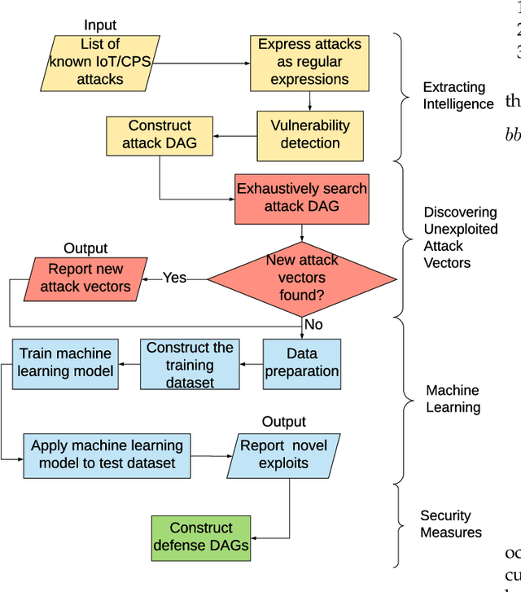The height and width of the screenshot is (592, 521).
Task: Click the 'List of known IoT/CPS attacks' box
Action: [x=99, y=62]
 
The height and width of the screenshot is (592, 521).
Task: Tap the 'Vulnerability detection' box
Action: [x=310, y=135]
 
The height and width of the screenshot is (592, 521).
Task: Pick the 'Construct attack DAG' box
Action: [x=160, y=135]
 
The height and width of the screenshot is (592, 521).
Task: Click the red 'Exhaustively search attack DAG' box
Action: [x=302, y=197]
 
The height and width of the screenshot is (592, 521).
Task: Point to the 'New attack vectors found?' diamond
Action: [x=302, y=278]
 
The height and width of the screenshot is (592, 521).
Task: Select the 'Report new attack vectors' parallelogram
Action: [x=85, y=278]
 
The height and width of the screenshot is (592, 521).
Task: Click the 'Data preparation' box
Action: [x=301, y=363]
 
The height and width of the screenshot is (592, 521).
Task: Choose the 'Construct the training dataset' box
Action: [x=190, y=364]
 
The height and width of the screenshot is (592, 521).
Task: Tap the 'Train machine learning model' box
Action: [x=66, y=363]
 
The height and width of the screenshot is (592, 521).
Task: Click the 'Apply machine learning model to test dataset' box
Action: [x=107, y=455]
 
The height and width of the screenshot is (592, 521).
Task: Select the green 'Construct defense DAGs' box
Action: [x=201, y=537]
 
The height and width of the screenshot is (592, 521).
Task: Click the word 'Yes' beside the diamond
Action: [x=174, y=278]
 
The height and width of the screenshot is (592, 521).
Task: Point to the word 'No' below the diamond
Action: [x=313, y=325]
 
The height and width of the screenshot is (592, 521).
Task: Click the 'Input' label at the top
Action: [x=100, y=26]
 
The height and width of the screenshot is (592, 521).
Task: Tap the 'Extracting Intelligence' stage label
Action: [x=458, y=95]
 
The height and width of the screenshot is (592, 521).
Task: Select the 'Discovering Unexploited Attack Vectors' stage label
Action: [x=460, y=237]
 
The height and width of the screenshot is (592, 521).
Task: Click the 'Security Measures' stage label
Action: [x=450, y=524]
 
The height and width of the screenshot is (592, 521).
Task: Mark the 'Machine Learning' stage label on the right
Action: [x=453, y=399]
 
